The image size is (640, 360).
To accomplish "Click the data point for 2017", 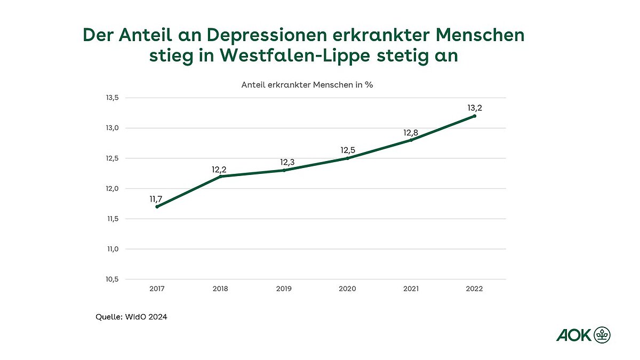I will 157,206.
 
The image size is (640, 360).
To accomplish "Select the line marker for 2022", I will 474,116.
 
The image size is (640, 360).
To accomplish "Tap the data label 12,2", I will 220,170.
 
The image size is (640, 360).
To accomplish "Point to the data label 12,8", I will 410,133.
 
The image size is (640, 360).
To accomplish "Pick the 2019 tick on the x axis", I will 284,289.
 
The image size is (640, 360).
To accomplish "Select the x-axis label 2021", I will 411,289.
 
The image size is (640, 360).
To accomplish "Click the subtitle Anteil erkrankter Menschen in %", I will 307,84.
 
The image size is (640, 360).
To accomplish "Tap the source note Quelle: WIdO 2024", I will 132,317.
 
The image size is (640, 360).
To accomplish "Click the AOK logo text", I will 574,335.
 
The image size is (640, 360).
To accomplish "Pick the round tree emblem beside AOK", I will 602,335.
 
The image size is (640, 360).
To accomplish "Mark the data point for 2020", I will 347,158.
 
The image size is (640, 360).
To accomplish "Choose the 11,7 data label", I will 156,199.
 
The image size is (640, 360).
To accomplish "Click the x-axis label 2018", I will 220,289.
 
